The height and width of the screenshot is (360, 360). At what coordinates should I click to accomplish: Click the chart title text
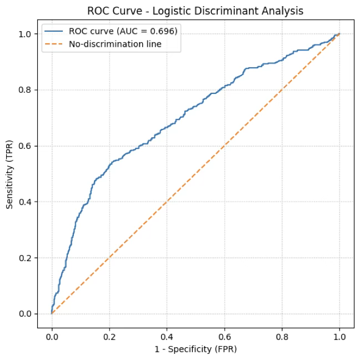pos(195,11)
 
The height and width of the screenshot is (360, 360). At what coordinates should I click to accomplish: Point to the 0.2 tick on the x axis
pos(109,336)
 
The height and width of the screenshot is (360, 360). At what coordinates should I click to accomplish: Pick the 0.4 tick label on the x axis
pos(167,336)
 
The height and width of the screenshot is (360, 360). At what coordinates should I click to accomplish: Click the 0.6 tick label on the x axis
pos(224,336)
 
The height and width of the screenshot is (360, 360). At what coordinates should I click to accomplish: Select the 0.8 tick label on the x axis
pos(282,336)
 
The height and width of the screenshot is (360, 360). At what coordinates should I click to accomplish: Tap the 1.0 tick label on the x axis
pos(339,336)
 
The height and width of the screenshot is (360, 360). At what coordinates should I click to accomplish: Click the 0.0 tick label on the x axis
pos(52,336)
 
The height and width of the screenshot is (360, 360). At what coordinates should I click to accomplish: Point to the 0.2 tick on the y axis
pos(26,258)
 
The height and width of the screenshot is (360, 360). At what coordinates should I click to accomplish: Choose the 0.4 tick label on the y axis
pos(26,202)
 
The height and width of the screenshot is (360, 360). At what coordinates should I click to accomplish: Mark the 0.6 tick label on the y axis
pos(26,146)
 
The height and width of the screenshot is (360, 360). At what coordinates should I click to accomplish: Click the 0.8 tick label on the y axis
pos(26,89)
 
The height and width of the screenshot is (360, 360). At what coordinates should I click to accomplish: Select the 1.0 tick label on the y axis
pos(26,34)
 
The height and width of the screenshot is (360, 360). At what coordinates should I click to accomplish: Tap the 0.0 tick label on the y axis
pos(26,314)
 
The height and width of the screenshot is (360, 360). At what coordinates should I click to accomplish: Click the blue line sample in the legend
pos(55,31)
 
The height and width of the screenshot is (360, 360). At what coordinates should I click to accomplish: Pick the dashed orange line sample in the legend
pos(55,44)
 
